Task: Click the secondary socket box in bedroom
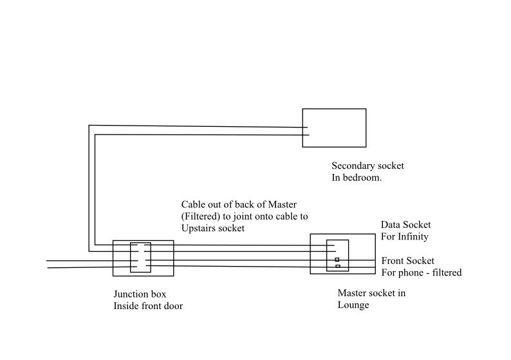point(334,128)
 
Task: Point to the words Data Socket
point(405,225)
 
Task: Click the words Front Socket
point(407,261)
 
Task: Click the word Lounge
point(353,305)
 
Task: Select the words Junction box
point(140,294)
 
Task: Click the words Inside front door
point(148,306)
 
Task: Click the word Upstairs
point(201,228)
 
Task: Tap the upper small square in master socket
point(337,260)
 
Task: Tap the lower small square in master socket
point(337,266)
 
